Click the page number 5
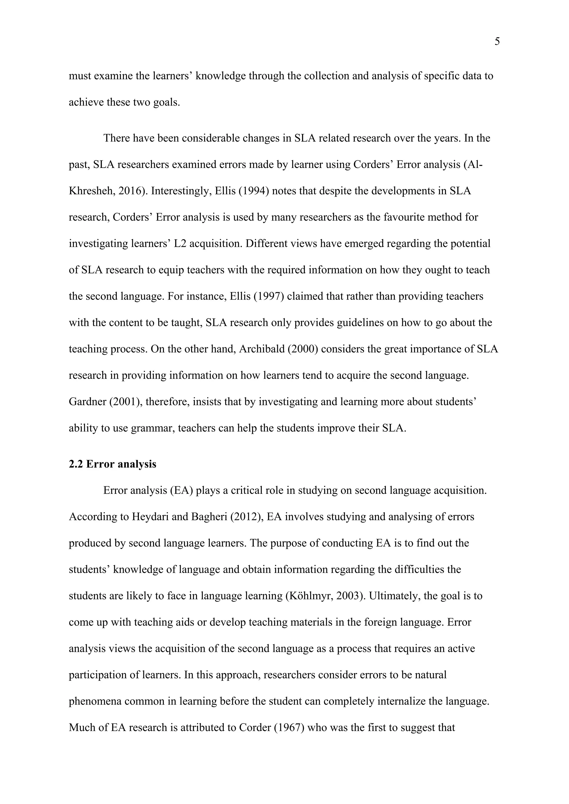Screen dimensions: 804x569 497,42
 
